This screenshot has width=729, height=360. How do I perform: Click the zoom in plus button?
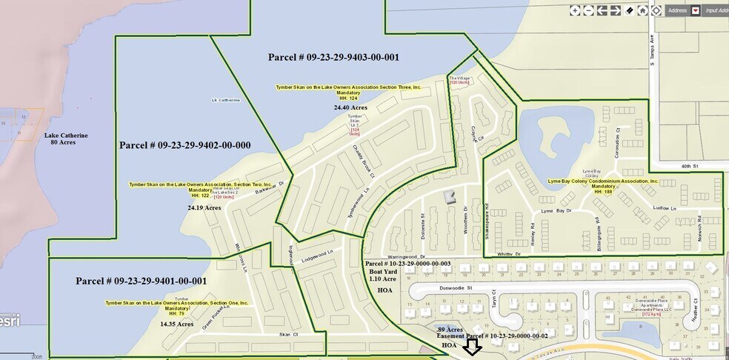[x=575, y=10]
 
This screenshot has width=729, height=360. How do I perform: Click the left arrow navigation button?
[x=602, y=10]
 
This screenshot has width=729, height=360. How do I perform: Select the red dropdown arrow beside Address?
[x=695, y=10]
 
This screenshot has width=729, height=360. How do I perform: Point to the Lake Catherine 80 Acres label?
[x=66, y=139]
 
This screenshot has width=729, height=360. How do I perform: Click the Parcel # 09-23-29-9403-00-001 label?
[x=334, y=57]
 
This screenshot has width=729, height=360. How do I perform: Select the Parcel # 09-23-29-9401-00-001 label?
[x=141, y=281]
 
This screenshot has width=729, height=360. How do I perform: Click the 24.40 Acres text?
[x=350, y=107]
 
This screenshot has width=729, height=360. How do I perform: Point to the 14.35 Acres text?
[x=176, y=324]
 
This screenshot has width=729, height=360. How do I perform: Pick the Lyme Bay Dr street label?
[x=557, y=211]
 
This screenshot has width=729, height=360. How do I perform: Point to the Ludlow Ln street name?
[x=665, y=209]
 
